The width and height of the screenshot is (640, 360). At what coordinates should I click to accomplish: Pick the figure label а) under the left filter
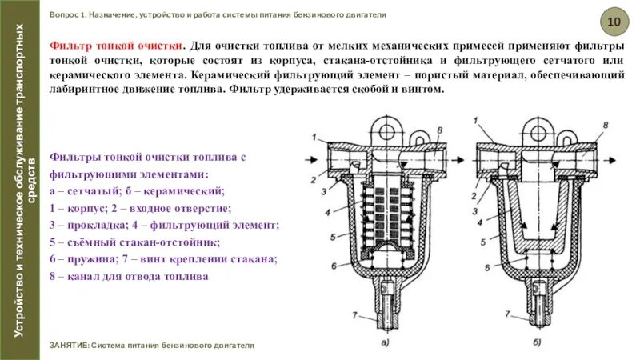385,343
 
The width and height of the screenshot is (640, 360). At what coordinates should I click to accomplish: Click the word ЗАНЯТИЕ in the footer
69,346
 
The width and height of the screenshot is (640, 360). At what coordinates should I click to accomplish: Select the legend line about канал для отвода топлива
128,276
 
